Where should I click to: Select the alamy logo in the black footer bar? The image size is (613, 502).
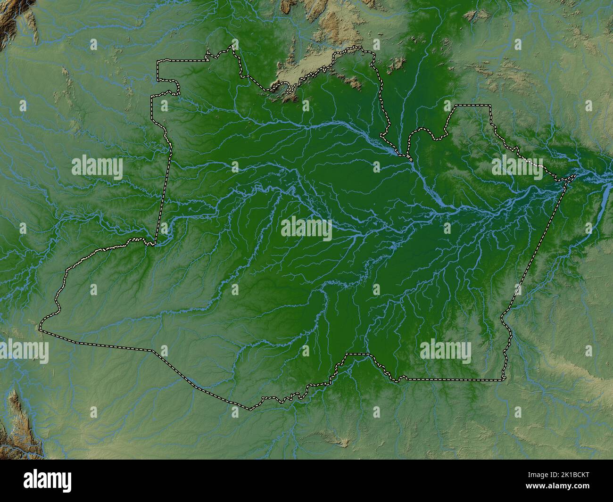click(48, 481)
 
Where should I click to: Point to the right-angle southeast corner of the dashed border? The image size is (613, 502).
click(502, 379)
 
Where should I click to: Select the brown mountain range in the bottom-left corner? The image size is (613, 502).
click(19, 420)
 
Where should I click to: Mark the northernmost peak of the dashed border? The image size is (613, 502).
click(232, 46)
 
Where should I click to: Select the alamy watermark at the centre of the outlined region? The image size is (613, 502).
click(306, 229)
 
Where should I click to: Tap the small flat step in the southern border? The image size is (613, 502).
click(356, 354)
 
